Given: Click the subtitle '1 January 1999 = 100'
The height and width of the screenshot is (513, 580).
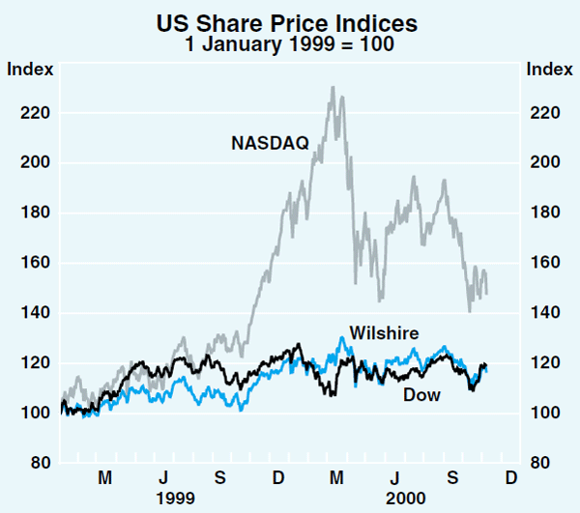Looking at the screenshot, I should click(x=289, y=44).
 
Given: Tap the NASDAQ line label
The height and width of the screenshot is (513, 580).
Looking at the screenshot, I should click(x=270, y=144).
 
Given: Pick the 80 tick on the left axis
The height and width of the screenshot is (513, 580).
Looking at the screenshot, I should click(x=36, y=463).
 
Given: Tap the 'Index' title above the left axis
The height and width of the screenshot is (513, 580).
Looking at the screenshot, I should click(x=30, y=69).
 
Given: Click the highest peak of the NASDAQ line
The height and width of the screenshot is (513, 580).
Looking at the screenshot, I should click(x=333, y=87).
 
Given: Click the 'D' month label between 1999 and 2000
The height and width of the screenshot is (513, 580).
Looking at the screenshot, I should click(x=278, y=478).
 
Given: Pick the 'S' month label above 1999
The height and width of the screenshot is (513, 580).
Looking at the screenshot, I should click(x=221, y=478).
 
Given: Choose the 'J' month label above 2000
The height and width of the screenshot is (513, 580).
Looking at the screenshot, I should click(x=395, y=478).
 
